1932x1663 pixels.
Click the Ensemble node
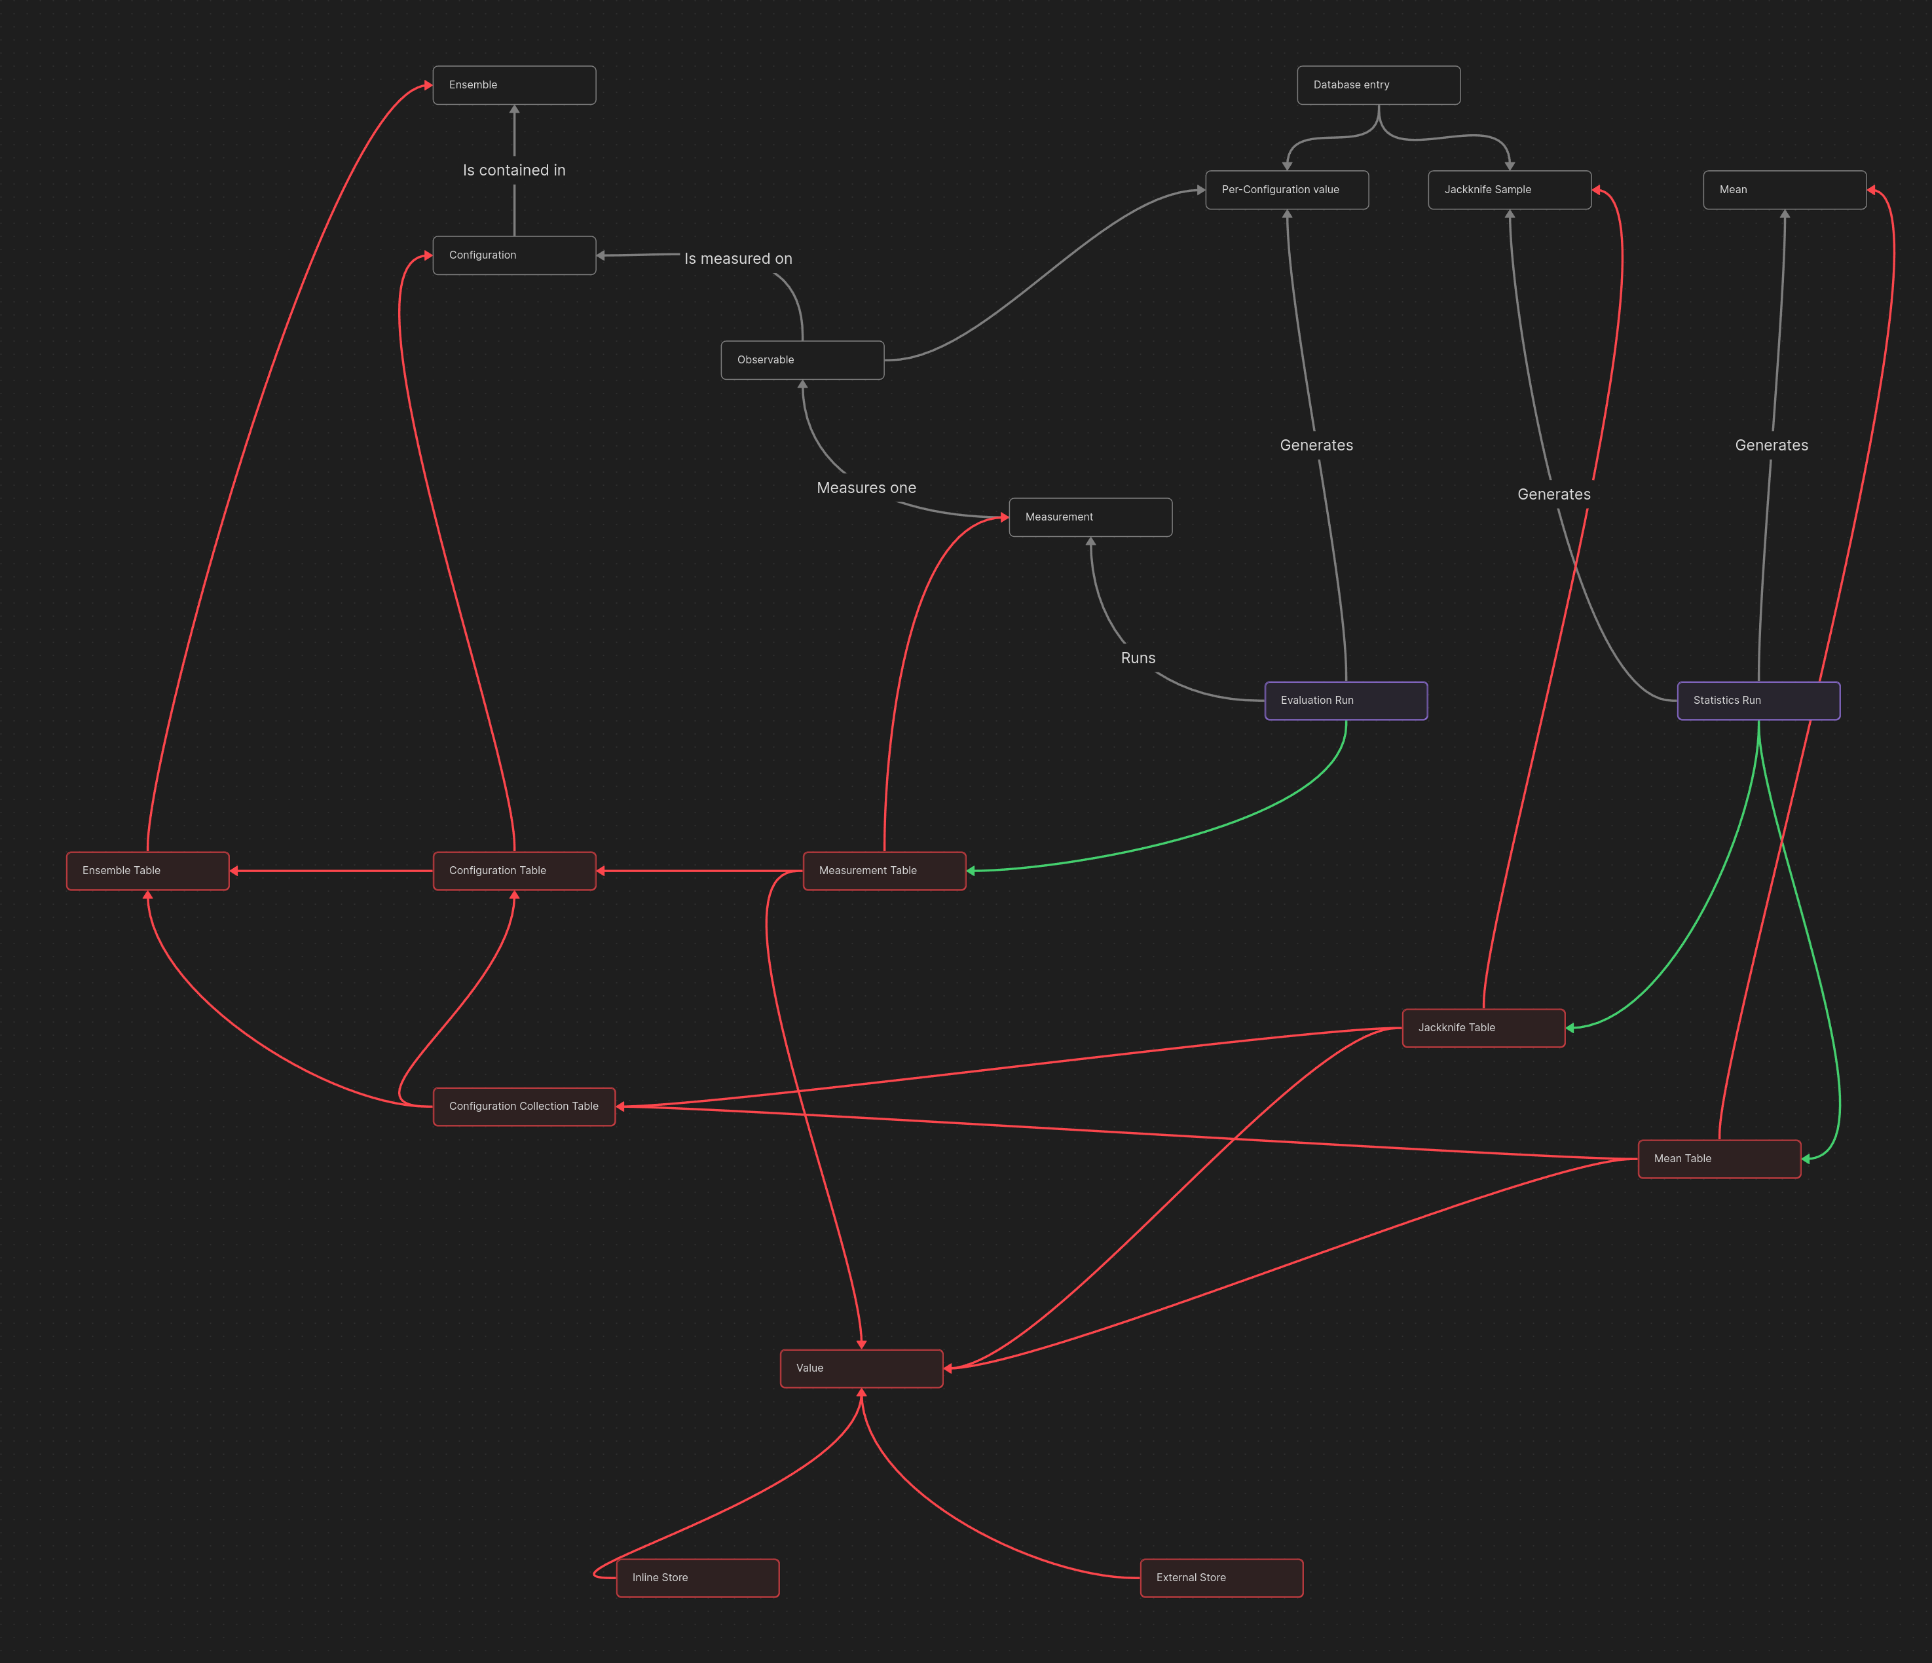pyautogui.click(x=513, y=85)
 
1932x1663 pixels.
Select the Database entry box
pyautogui.click(x=1378, y=85)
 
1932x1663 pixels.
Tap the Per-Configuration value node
pyautogui.click(x=1287, y=189)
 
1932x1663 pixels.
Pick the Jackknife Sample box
pyautogui.click(x=1510, y=189)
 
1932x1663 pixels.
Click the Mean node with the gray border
pyautogui.click(x=1784, y=189)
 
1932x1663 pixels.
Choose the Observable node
pyautogui.click(x=802, y=360)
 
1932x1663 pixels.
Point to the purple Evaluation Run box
pyautogui.click(x=1345, y=700)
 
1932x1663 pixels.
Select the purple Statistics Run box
pyautogui.click(x=1758, y=700)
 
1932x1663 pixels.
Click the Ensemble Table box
pyautogui.click(x=147, y=871)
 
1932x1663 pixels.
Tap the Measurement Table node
pyautogui.click(x=884, y=871)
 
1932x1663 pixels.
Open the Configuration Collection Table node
pyautogui.click(x=524, y=1106)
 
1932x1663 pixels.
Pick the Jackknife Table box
pyautogui.click(x=1483, y=1028)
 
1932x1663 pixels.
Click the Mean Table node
pyautogui.click(x=1718, y=1159)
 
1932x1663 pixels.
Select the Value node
pyautogui.click(x=861, y=1368)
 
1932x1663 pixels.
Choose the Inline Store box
pyautogui.click(x=697, y=1577)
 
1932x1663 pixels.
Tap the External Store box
pyautogui.click(x=1221, y=1577)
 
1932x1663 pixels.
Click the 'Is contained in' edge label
pyautogui.click(x=513, y=170)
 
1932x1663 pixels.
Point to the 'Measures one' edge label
pyautogui.click(x=866, y=488)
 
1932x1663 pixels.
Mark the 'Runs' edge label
pyautogui.click(x=1138, y=658)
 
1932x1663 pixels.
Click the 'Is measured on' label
pyautogui.click(x=737, y=258)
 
